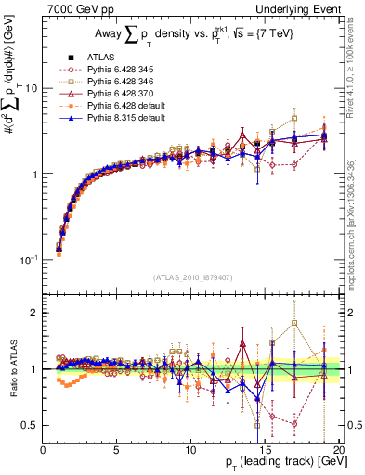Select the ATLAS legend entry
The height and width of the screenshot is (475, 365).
tap(102, 58)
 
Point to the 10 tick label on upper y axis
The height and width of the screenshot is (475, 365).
tap(30, 89)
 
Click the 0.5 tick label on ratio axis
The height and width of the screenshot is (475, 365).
tap(31, 425)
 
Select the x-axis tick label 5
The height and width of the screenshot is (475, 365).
tap(117, 450)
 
